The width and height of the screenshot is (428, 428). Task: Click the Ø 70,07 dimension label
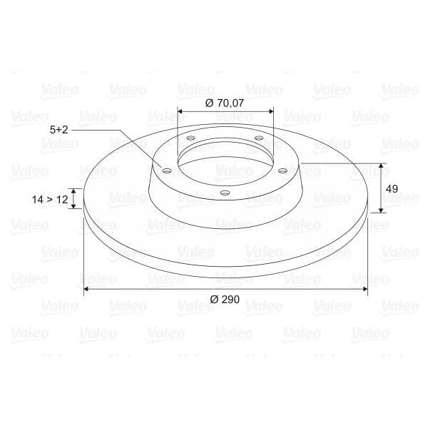point(225,103)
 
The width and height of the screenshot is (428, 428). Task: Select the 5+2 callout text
point(59,130)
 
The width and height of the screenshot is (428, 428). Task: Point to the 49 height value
point(391,188)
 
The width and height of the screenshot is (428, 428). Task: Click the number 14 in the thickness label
point(38,200)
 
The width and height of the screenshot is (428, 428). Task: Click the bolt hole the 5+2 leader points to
point(166,170)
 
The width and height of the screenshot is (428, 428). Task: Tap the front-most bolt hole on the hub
point(224,193)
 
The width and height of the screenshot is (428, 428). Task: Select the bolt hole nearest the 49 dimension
point(282,170)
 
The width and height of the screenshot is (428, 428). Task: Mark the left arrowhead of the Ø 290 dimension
point(87,288)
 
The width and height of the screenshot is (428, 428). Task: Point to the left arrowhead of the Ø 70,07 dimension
point(180,112)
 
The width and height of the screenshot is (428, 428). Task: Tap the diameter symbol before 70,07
point(208,103)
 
